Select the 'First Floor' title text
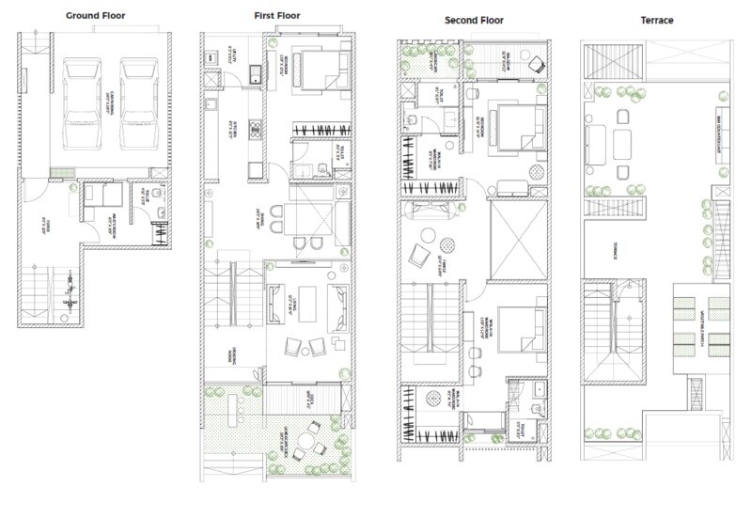click(277, 16)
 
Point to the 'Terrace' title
click(656, 21)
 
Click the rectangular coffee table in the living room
click(305, 303)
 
